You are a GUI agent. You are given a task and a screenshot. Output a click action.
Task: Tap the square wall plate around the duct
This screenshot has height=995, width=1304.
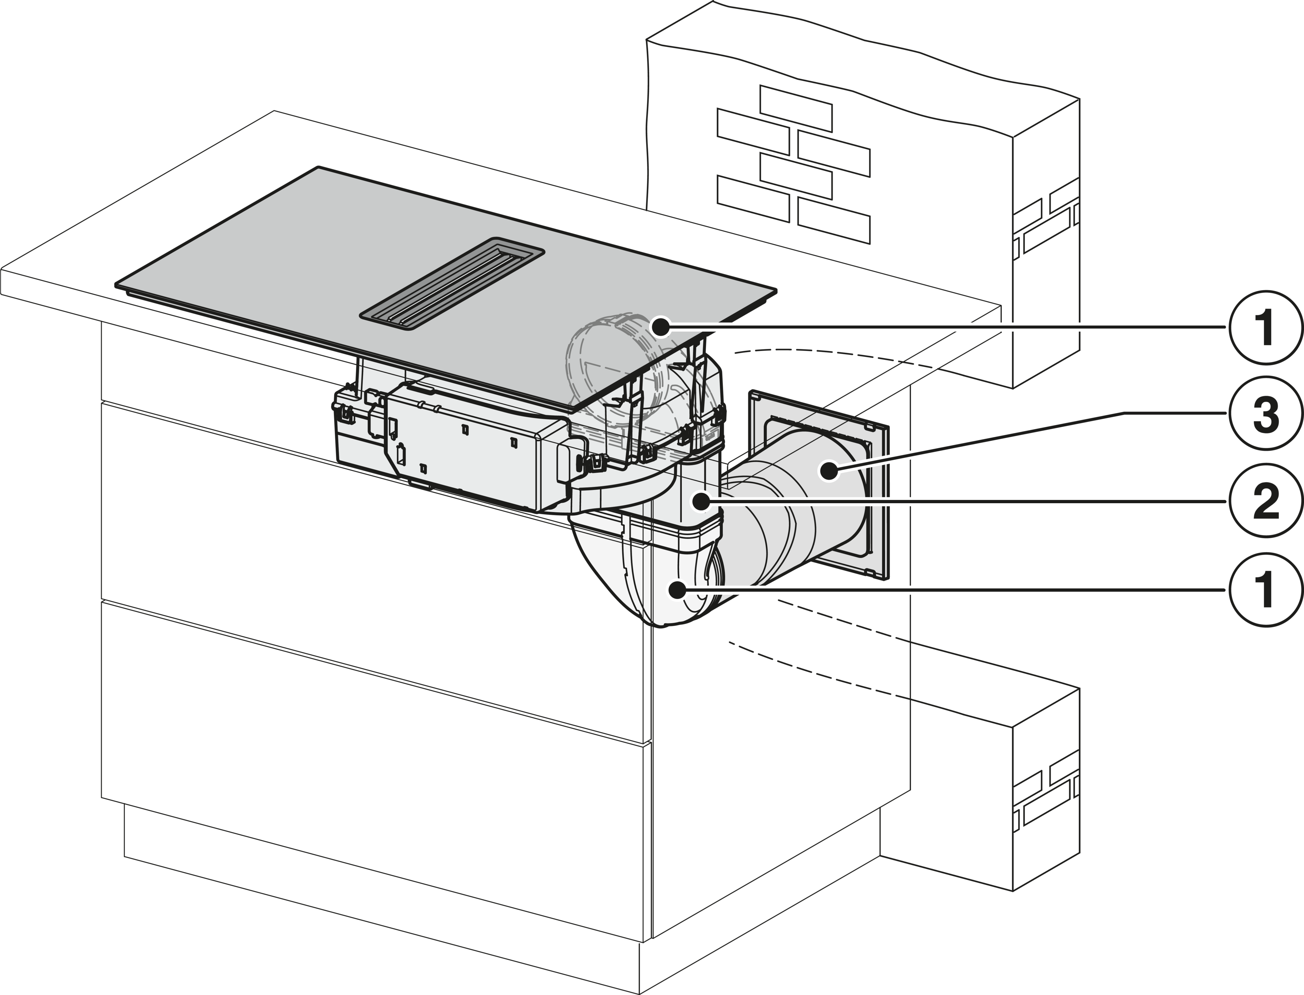click(820, 483)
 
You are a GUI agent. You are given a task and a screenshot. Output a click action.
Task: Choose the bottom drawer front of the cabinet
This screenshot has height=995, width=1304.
click(373, 770)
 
